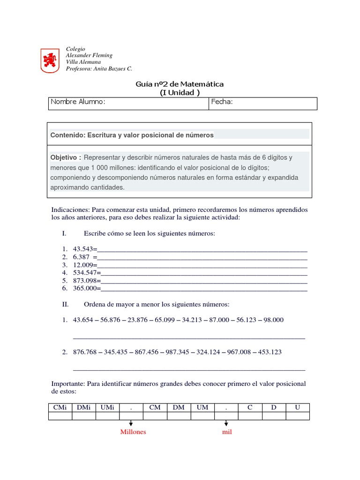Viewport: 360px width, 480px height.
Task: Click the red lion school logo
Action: tap(50, 60)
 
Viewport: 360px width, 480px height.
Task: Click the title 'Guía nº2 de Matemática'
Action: tap(180, 84)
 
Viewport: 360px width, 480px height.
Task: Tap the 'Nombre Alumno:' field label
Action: tap(78, 102)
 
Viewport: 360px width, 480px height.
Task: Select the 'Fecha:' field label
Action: tap(222, 102)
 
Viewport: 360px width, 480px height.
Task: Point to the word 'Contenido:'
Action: tap(68, 135)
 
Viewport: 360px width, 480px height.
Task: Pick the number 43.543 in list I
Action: tap(83, 249)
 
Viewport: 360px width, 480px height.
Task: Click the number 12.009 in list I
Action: tap(83, 265)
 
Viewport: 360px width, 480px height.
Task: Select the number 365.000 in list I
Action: tap(85, 289)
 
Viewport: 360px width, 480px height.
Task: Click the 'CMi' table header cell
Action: tap(60, 408)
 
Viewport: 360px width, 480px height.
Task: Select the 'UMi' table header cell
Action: tap(107, 408)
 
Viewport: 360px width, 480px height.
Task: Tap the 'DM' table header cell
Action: tap(179, 408)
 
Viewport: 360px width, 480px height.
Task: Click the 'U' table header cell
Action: tap(297, 408)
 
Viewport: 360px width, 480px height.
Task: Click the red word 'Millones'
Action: tap(133, 432)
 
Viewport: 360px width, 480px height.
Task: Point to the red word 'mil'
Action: tap(227, 432)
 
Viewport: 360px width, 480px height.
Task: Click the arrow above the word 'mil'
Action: tap(226, 423)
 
